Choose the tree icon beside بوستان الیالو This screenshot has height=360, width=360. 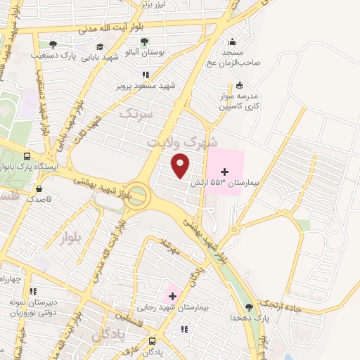[144, 41]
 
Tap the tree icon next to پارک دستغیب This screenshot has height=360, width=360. [53, 44]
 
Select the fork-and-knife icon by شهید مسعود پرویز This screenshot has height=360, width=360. [145, 74]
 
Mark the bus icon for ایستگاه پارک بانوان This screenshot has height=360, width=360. [27, 156]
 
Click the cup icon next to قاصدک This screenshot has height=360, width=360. [38, 188]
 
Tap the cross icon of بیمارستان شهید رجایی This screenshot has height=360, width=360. [172, 295]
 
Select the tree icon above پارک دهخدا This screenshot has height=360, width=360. [248, 307]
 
